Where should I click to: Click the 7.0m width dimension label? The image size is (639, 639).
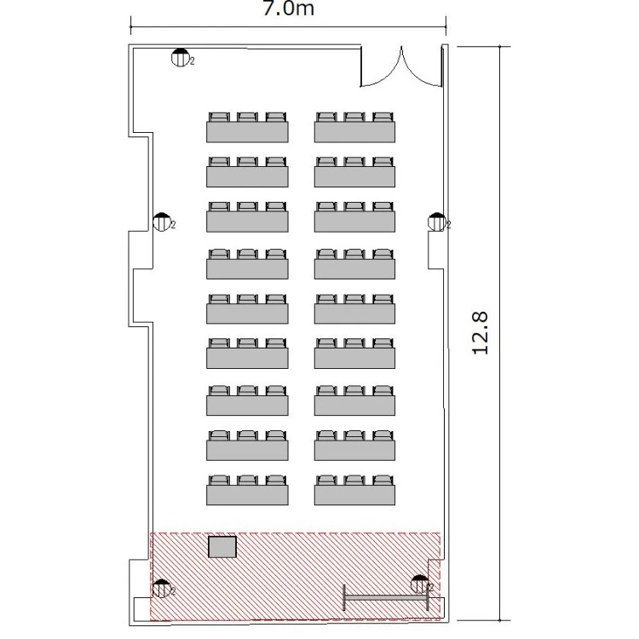[x=289, y=9]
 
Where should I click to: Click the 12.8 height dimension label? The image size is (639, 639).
[x=480, y=333]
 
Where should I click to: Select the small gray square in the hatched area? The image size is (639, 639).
[x=222, y=547]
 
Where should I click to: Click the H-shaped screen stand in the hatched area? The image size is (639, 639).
[x=385, y=598]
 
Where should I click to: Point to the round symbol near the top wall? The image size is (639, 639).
[x=180, y=57]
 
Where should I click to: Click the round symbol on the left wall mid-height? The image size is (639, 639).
[x=161, y=222]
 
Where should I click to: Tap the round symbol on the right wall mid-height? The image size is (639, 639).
[x=436, y=222]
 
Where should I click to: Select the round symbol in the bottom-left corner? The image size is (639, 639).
[x=161, y=588]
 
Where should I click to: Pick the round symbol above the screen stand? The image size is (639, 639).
[x=419, y=584]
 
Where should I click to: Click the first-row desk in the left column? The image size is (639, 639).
[x=247, y=131]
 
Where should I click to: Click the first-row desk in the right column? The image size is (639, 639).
[x=354, y=131]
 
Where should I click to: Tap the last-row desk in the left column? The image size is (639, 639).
[x=247, y=495]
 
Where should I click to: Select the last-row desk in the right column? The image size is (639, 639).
[x=354, y=495]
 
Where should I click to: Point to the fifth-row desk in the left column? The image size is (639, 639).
[x=247, y=313]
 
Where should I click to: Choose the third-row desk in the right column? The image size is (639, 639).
[x=354, y=222]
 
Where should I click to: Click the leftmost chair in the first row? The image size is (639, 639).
[x=219, y=117]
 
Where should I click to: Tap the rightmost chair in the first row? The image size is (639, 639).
[x=383, y=117]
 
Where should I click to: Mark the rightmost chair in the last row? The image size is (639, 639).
[x=383, y=480]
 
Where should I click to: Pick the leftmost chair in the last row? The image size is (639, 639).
[x=219, y=480]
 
